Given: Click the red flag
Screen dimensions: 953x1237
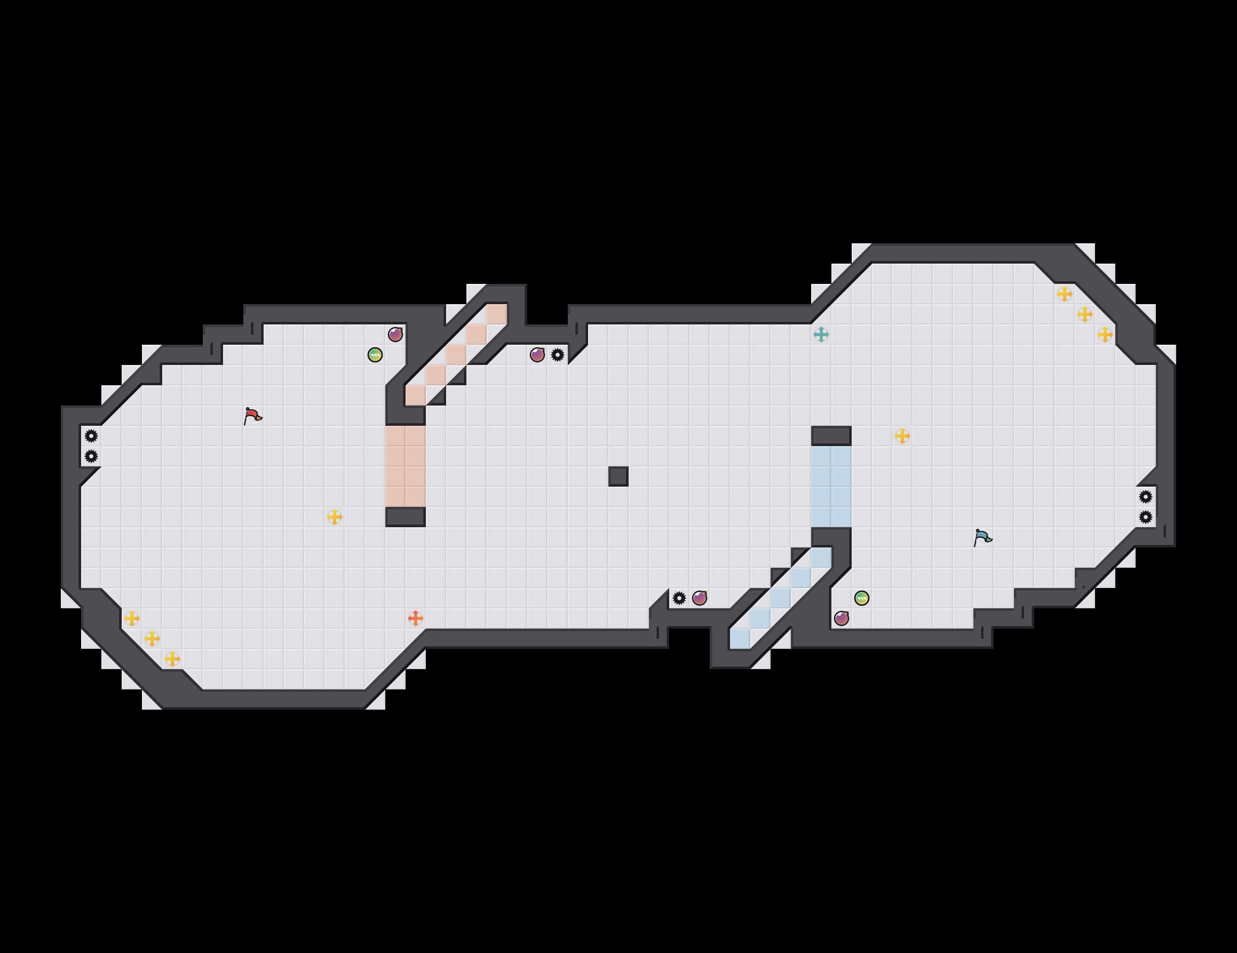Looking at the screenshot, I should (x=252, y=416).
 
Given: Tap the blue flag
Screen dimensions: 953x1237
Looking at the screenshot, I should (x=982, y=537).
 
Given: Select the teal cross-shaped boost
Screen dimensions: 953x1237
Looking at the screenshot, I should (x=821, y=335).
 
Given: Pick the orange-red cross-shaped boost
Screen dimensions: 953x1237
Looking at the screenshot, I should (x=415, y=618).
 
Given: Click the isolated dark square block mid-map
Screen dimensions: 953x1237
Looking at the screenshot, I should (x=618, y=476).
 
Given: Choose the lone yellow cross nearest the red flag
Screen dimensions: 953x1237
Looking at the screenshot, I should (x=334, y=517).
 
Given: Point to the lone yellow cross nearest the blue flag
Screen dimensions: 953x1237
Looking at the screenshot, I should (x=902, y=436).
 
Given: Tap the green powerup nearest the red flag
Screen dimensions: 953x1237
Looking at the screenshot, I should (x=375, y=355).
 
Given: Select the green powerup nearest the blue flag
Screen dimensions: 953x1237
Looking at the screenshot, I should (x=861, y=598).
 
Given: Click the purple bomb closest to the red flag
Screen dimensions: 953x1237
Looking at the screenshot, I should (x=395, y=335).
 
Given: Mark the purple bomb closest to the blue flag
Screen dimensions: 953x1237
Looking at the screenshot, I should (x=841, y=618).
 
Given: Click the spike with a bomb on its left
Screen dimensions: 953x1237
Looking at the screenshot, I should (x=557, y=355).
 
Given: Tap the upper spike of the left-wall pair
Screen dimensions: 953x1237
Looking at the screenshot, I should (x=91, y=436).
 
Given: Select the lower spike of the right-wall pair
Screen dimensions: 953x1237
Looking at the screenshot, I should (x=1145, y=517).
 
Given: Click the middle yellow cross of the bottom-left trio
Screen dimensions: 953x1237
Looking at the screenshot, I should (x=152, y=639).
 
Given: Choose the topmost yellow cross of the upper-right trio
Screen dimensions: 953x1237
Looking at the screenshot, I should (x=1064, y=294).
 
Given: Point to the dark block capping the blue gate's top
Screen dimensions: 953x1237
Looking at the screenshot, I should (x=831, y=436).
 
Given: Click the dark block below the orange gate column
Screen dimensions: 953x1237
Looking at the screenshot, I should (x=405, y=517).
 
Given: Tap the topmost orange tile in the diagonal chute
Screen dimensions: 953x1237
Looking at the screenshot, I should (x=497, y=314).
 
